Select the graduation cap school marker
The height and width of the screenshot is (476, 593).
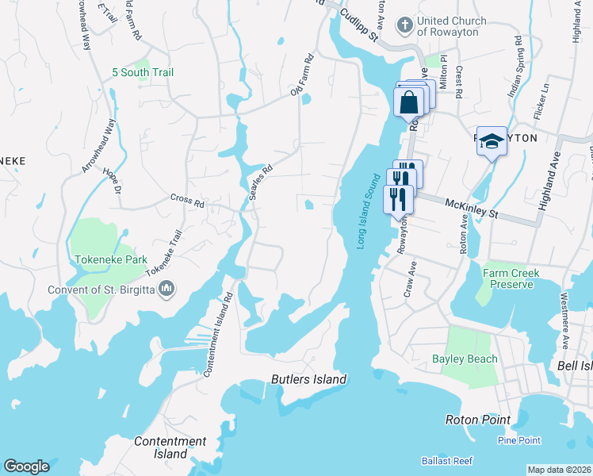click(x=492, y=140)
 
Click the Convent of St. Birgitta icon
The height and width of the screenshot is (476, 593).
click(x=166, y=290)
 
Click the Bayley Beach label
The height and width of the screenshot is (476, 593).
click(x=465, y=359)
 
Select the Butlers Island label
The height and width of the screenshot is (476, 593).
click(x=308, y=379)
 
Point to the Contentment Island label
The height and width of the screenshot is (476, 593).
click(x=170, y=447)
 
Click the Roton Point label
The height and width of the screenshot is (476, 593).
click(x=476, y=419)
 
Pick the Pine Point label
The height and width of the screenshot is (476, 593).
click(x=519, y=440)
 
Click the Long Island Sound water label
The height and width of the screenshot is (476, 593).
click(x=366, y=211)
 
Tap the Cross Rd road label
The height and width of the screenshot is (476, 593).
click(x=187, y=203)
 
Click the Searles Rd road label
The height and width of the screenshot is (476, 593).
click(x=260, y=182)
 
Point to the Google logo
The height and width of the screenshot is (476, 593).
click(x=26, y=466)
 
